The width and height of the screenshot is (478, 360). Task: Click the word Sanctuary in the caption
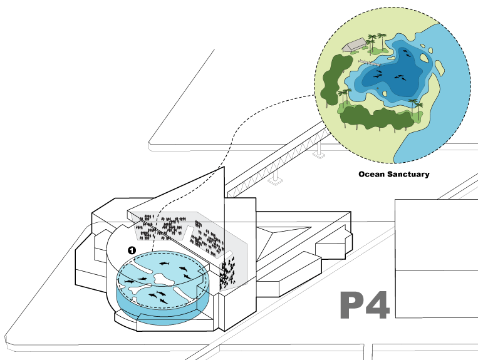[407, 174]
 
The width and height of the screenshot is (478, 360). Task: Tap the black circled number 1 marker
[132, 250]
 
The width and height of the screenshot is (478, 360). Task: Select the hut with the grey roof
[355, 44]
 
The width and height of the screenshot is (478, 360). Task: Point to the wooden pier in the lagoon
[370, 62]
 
